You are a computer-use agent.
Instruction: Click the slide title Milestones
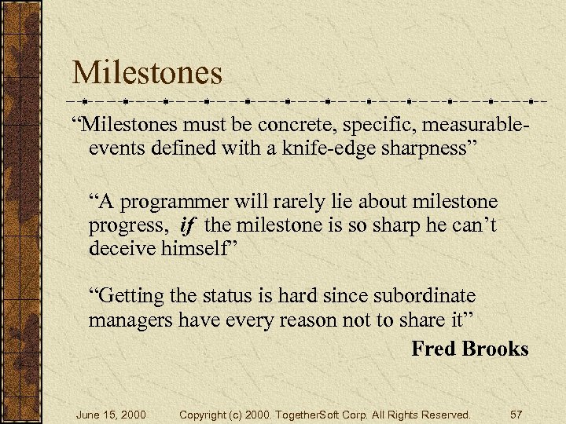[x=147, y=73]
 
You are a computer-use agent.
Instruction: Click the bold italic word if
[x=186, y=227]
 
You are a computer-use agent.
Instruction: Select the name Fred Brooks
[x=469, y=349]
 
